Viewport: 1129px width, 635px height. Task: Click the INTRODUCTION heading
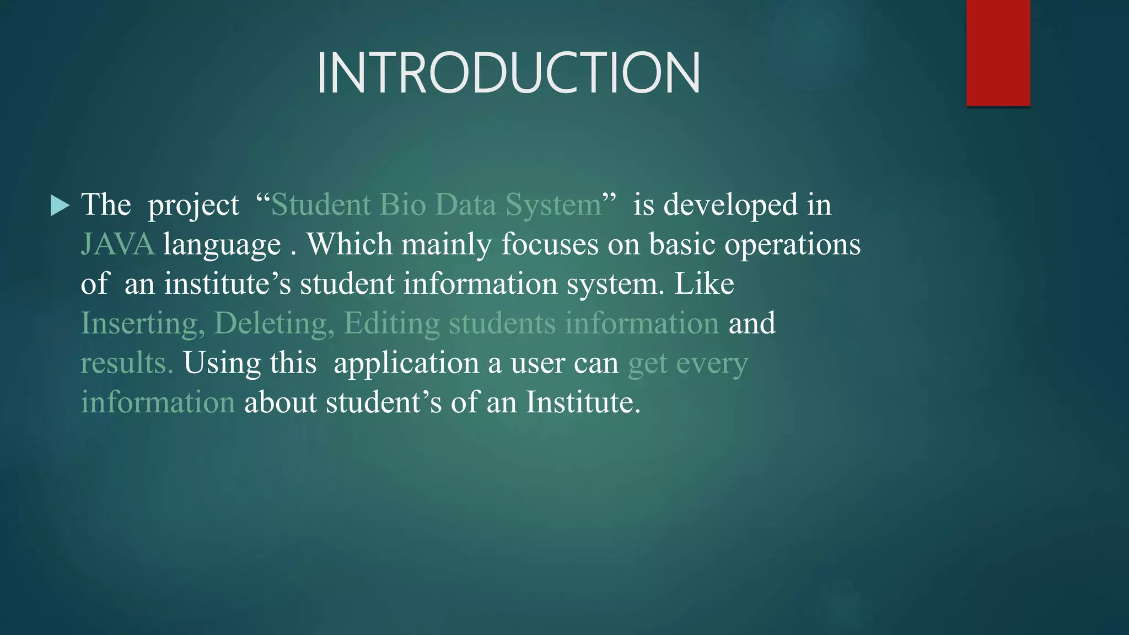508,73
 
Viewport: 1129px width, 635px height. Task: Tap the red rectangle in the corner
998,52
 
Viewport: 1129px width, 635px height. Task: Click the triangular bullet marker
60,205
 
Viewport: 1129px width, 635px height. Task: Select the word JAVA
117,244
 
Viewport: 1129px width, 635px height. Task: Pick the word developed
730,205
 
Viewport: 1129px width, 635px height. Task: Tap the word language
222,244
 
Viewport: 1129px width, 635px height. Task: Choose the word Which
349,244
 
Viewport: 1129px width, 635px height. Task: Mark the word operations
792,244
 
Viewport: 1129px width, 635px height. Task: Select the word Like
704,284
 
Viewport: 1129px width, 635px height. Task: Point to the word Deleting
274,324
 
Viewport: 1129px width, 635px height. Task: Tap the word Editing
392,324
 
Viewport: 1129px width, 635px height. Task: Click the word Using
222,363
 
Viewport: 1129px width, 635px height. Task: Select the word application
406,363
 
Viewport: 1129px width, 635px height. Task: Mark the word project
193,206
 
